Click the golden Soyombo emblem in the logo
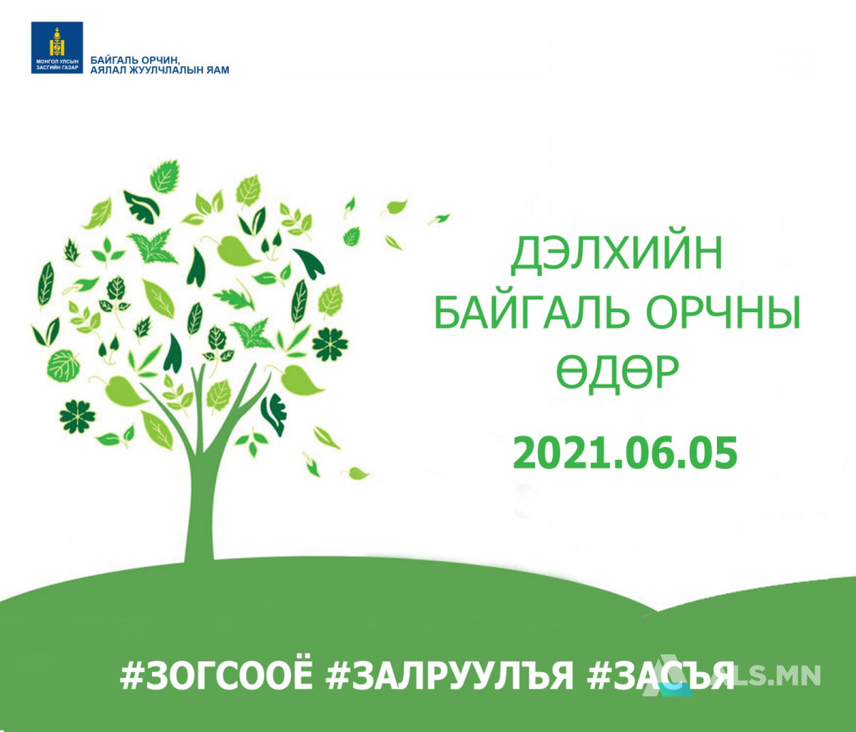[x=57, y=42]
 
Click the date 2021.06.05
[x=625, y=453]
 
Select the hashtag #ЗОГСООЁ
[x=215, y=675]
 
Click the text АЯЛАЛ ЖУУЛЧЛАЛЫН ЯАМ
[x=160, y=71]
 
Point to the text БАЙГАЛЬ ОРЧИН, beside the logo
[x=135, y=60]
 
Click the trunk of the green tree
[x=200, y=497]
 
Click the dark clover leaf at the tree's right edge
[x=330, y=344]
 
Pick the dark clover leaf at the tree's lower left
[x=77, y=416]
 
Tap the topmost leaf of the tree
[x=165, y=176]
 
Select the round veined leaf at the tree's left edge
[x=63, y=366]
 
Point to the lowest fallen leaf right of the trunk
[x=355, y=473]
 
